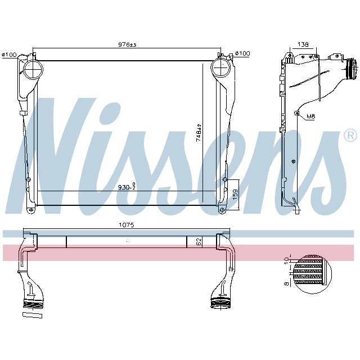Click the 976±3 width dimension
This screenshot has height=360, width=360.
click(x=127, y=44)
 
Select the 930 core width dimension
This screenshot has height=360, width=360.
click(x=127, y=187)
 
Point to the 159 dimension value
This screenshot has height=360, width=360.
click(x=236, y=194)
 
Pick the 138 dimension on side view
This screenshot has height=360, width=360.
click(x=303, y=44)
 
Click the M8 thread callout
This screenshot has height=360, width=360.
click(x=310, y=117)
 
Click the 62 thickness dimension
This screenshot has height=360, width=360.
click(x=199, y=242)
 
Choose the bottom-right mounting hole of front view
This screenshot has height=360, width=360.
click(x=222, y=210)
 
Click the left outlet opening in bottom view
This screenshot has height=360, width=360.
click(x=33, y=304)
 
